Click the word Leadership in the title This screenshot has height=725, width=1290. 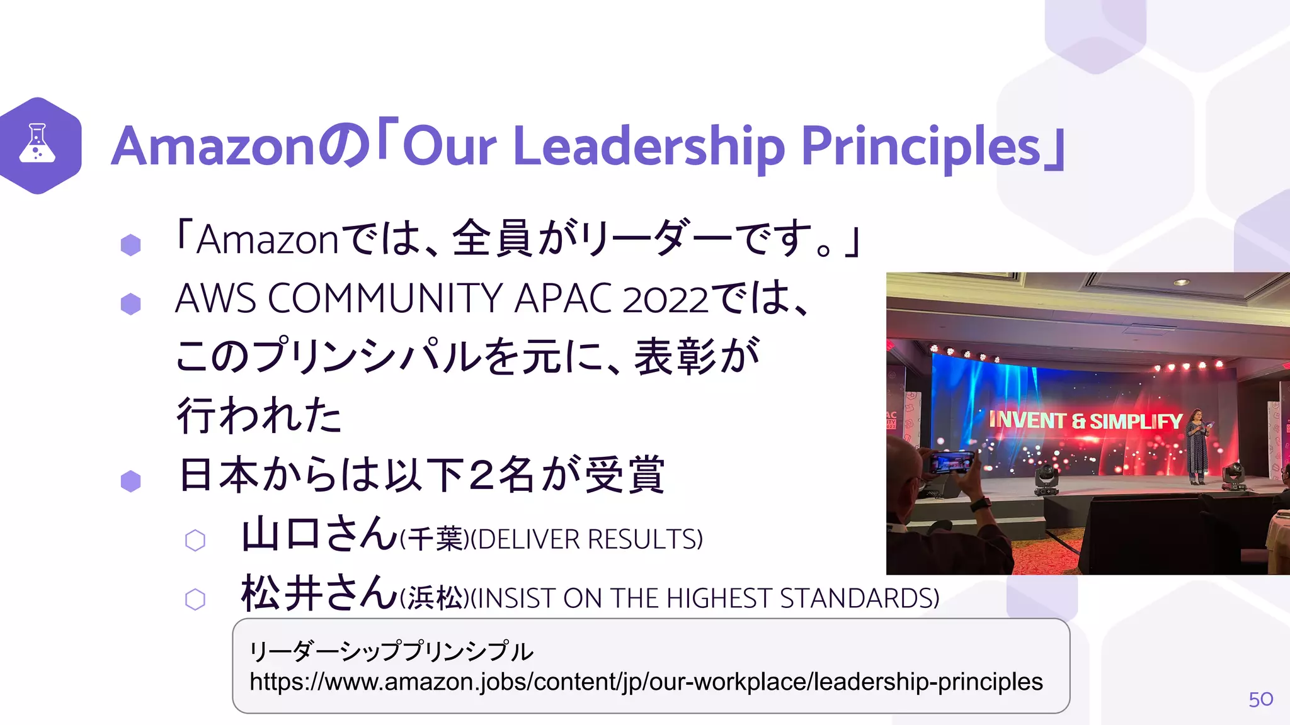coord(649,147)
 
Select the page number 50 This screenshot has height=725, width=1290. coord(1260,699)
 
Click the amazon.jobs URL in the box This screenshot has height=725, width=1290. coord(646,682)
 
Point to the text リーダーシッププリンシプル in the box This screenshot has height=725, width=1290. coord(391,651)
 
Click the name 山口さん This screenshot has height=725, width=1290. coord(319,534)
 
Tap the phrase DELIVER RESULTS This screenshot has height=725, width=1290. coord(586,540)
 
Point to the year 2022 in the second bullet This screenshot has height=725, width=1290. coord(665,300)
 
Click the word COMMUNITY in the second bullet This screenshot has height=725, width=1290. coord(385,298)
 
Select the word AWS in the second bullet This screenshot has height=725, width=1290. coord(215,298)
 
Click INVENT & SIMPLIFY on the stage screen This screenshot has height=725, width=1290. coord(1085,420)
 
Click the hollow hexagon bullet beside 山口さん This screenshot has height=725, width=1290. coord(195,540)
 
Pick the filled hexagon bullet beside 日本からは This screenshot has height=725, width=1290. coord(130,481)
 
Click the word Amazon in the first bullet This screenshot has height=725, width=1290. coord(268,240)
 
